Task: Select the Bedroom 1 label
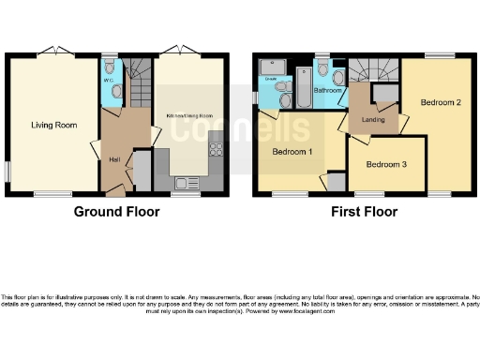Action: (293, 150)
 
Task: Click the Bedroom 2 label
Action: (440, 102)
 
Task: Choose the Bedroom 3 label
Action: (386, 165)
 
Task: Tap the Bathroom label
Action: (327, 91)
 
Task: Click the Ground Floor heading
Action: (116, 212)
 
